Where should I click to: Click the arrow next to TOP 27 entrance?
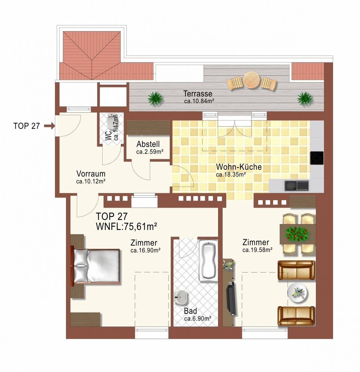(49, 126)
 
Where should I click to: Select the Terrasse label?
(198, 94)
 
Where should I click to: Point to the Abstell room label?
(148, 144)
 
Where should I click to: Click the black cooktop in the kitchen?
(317, 158)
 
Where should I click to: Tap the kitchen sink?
(296, 186)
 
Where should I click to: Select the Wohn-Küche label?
(239, 167)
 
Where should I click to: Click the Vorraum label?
(91, 174)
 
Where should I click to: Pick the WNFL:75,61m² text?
(127, 227)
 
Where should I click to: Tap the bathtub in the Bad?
(208, 260)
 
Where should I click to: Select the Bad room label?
(190, 311)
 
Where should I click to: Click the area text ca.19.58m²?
(257, 250)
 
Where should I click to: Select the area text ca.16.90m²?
(145, 250)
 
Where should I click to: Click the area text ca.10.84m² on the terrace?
(199, 101)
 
